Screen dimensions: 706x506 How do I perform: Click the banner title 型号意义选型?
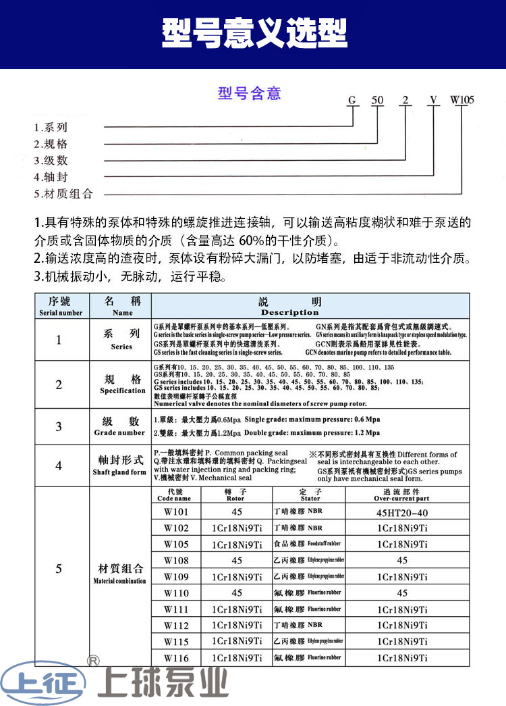pyautogui.click(x=254, y=32)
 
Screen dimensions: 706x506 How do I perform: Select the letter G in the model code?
pyautogui.click(x=351, y=101)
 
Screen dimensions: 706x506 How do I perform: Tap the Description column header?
pyautogui.click(x=290, y=307)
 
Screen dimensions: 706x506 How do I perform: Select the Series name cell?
pyautogui.click(x=121, y=339)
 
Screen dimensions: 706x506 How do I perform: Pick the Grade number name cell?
pyautogui.click(x=121, y=426)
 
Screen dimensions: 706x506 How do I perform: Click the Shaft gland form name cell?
pyautogui.click(x=121, y=465)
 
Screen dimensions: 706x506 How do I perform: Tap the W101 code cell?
pyautogui.click(x=177, y=512)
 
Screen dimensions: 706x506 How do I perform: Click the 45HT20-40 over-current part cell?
pyautogui.click(x=402, y=512)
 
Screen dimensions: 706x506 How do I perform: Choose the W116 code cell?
pyautogui.click(x=177, y=657)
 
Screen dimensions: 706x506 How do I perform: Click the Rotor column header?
pyautogui.click(x=236, y=494)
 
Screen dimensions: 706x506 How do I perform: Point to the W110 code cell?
pyautogui.click(x=177, y=592)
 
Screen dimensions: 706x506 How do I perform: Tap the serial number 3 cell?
pyautogui.click(x=59, y=426)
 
